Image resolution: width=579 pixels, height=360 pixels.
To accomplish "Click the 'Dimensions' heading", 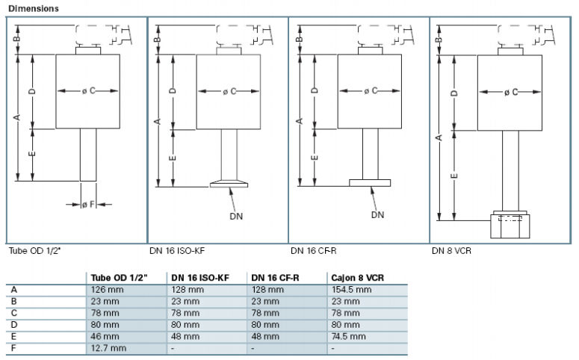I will tap(34, 7).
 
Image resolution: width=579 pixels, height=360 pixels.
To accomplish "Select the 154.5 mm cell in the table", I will tap(351, 289).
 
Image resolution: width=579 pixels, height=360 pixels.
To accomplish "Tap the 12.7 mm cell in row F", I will tap(108, 348).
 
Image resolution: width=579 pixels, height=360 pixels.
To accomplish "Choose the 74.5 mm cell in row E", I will tap(349, 336).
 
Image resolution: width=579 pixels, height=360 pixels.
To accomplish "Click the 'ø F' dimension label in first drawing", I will tap(87, 203).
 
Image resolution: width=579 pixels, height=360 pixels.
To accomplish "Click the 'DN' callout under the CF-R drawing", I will tap(378, 215).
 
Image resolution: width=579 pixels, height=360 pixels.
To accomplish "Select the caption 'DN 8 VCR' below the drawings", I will tap(451, 250).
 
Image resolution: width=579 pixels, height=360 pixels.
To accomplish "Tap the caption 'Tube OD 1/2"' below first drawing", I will tap(34, 250).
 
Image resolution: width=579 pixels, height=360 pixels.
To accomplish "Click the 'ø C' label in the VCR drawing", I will tap(512, 92).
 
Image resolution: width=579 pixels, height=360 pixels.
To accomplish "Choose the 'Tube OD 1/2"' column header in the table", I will tap(116, 277).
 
